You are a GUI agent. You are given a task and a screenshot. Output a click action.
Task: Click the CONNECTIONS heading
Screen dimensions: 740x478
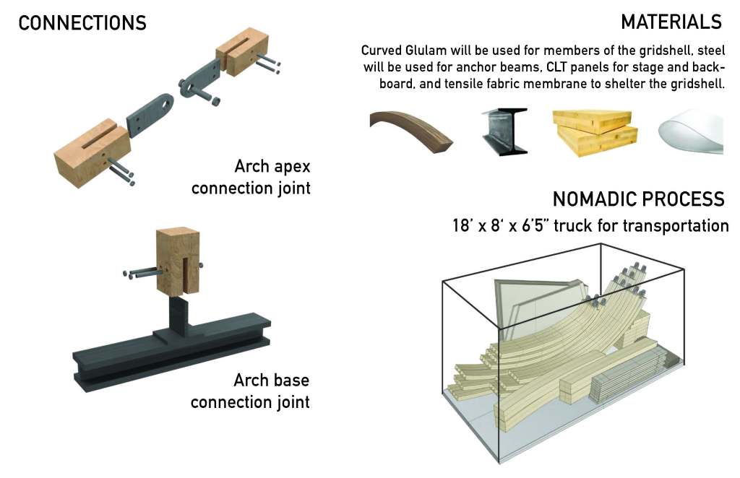pos(82,23)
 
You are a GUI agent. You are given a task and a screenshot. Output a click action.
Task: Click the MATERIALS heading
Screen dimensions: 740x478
pos(671,22)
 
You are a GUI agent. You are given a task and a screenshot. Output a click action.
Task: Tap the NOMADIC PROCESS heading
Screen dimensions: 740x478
pos(638,199)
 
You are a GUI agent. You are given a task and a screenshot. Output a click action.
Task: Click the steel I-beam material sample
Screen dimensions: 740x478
pos(504,131)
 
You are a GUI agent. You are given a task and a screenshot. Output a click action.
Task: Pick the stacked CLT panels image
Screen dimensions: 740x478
pos(595,132)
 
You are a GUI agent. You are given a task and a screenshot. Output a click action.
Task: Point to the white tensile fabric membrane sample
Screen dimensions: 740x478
pos(691,132)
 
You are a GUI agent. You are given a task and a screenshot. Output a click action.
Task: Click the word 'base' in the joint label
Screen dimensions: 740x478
pos(291,380)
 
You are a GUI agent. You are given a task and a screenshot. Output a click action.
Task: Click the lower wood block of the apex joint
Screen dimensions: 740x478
pos(92,153)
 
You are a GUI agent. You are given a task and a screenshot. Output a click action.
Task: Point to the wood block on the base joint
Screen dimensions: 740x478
pos(178,261)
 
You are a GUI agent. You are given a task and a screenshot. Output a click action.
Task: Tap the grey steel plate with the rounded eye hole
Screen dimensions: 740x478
pos(150,115)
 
